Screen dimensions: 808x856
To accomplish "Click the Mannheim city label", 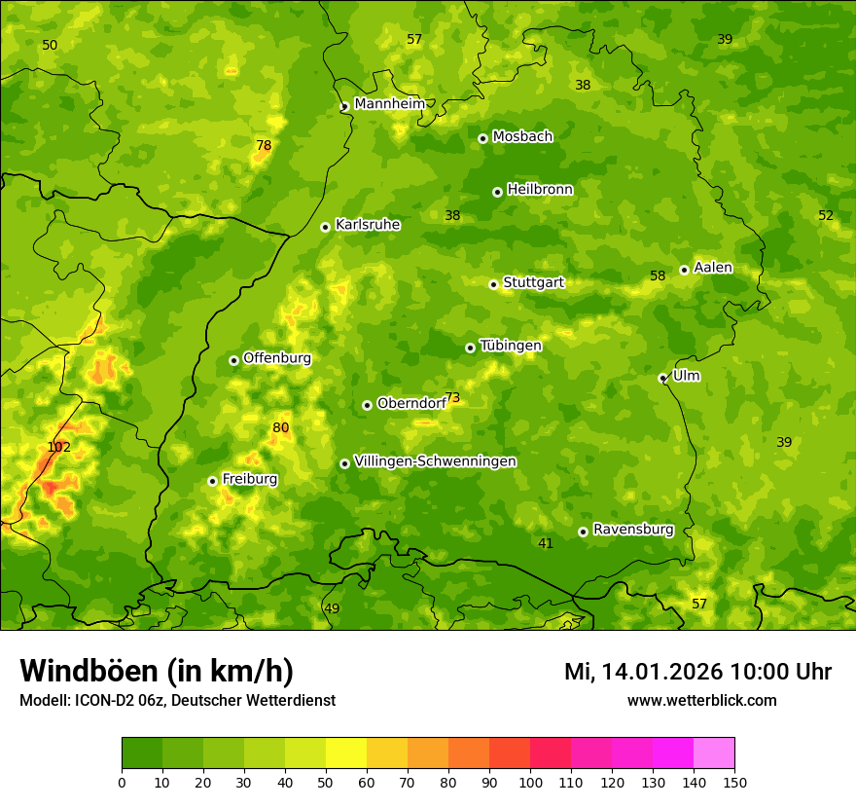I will coord(389,103).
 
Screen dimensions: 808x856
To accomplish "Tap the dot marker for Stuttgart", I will coord(493,284).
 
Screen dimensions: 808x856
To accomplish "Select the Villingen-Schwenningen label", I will coord(435,461).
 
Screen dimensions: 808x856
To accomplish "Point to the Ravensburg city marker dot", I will coord(583,532).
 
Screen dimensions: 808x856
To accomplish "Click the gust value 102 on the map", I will coord(58,448).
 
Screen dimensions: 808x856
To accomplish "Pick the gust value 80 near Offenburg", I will coord(281,428).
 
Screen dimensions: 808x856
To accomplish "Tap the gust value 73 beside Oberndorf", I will coord(452,397).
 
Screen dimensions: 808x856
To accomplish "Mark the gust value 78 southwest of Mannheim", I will coord(264,146).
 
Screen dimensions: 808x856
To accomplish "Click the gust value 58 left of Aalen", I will coord(658,276).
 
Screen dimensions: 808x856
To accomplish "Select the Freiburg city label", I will coord(249,479).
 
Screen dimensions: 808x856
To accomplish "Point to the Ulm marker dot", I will coord(662,378).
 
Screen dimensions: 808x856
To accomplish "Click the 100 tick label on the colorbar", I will coord(530,782).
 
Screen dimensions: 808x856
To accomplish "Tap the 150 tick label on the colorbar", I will coord(734,782).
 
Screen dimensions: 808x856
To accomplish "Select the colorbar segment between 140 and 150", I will coord(714,753).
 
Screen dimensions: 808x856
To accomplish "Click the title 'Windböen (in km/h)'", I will coord(157,671).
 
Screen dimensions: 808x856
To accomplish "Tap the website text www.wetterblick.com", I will coord(701,700).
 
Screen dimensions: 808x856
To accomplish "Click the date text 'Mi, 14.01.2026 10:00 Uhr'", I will coord(697,672).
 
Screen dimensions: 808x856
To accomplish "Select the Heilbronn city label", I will coord(540,190).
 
